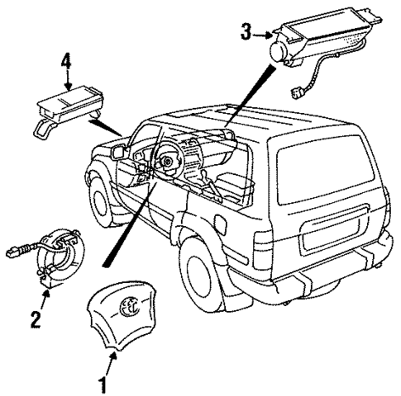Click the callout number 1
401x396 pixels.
coord(103,384)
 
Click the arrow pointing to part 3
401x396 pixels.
coord(264,34)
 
